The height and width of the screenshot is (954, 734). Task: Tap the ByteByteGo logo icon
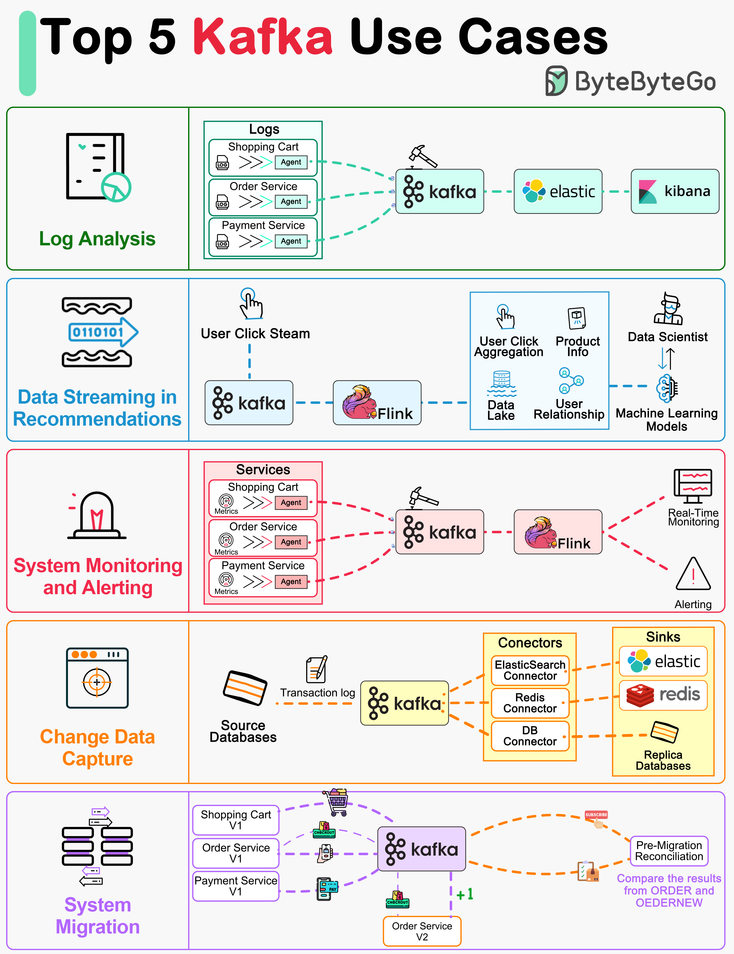click(556, 81)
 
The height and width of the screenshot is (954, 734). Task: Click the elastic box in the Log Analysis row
click(558, 191)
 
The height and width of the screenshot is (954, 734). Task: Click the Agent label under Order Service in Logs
click(291, 201)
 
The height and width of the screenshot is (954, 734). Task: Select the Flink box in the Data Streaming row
click(377, 402)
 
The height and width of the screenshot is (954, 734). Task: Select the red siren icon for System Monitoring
click(97, 515)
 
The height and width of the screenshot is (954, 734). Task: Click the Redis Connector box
click(530, 703)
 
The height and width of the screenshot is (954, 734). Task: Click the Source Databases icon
click(245, 688)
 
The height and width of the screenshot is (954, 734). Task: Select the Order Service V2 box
click(422, 931)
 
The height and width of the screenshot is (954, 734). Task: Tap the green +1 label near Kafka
click(465, 894)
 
